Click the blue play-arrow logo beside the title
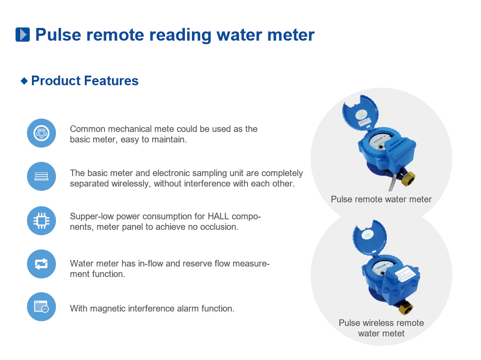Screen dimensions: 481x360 pyautogui.click(x=23, y=35)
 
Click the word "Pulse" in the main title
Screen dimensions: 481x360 pyautogui.click(x=58, y=35)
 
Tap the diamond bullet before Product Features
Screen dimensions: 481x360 pyautogui.click(x=24, y=81)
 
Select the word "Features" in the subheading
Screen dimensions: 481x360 pyautogui.click(x=111, y=81)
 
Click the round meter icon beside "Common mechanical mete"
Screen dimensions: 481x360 pyautogui.click(x=42, y=133)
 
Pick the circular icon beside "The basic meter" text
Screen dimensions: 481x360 pyautogui.click(x=42, y=176)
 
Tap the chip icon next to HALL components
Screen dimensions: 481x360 pyautogui.click(x=42, y=221)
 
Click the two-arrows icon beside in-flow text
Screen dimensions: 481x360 pyautogui.click(x=42, y=264)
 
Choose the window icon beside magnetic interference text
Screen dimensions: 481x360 pyautogui.click(x=42, y=307)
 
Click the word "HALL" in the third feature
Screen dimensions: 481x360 pyautogui.click(x=218, y=216)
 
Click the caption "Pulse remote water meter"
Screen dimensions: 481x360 pyautogui.click(x=381, y=200)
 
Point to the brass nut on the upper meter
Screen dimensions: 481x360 pyautogui.click(x=408, y=180)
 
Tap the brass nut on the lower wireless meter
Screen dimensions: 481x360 pyautogui.click(x=405, y=308)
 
